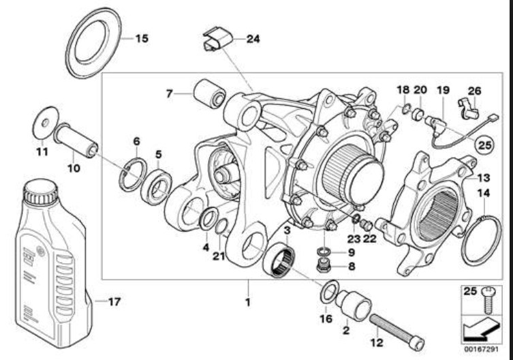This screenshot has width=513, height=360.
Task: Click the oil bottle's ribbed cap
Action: pyautogui.click(x=41, y=192)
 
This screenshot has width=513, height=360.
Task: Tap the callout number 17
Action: pyautogui.click(x=114, y=301)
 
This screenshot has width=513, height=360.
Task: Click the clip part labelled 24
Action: pyautogui.click(x=217, y=40)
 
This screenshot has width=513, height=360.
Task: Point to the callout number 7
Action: pyautogui.click(x=169, y=94)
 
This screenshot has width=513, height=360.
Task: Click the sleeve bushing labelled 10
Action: pyautogui.click(x=76, y=140)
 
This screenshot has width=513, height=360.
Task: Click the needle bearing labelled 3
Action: pyautogui.click(x=279, y=260)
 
